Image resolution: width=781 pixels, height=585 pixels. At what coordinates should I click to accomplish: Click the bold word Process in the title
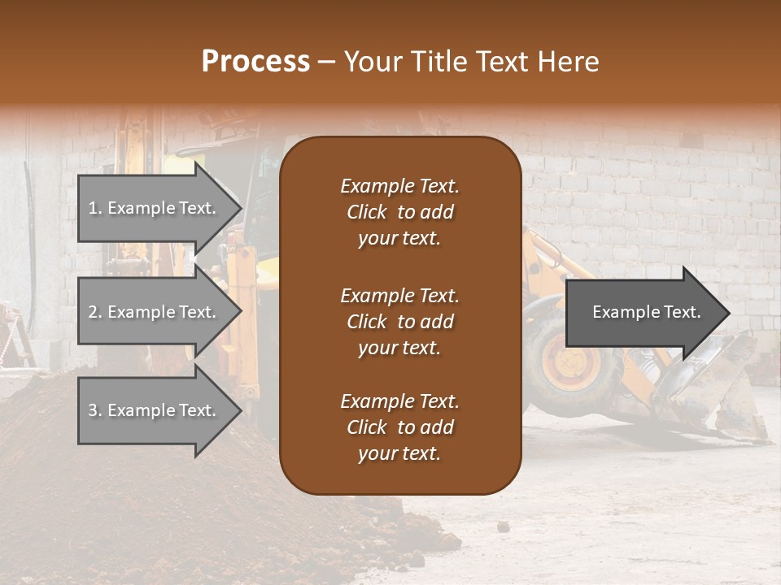click(x=255, y=62)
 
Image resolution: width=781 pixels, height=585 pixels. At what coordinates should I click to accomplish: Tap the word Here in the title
click(x=568, y=62)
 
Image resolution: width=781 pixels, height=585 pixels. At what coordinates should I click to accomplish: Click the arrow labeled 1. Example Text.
click(x=155, y=209)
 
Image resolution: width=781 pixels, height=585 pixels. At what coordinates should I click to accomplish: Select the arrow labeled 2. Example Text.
click(x=155, y=312)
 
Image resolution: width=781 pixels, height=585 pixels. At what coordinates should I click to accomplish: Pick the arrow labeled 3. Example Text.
click(x=155, y=410)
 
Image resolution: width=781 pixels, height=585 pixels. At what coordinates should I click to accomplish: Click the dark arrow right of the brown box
click(x=643, y=313)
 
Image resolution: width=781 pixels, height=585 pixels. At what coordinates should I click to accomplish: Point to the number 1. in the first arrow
click(x=95, y=209)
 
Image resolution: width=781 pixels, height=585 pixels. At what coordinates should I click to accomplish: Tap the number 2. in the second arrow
click(x=95, y=312)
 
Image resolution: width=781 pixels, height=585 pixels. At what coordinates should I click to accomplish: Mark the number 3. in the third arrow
click(x=95, y=410)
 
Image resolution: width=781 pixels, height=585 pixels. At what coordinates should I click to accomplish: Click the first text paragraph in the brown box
click(x=399, y=212)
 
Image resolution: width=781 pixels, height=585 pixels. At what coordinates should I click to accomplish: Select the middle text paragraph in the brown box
click(x=399, y=322)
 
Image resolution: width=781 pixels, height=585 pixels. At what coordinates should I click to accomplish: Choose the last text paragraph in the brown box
click(x=399, y=427)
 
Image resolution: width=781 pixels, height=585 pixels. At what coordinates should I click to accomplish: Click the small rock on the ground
click(x=504, y=527)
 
